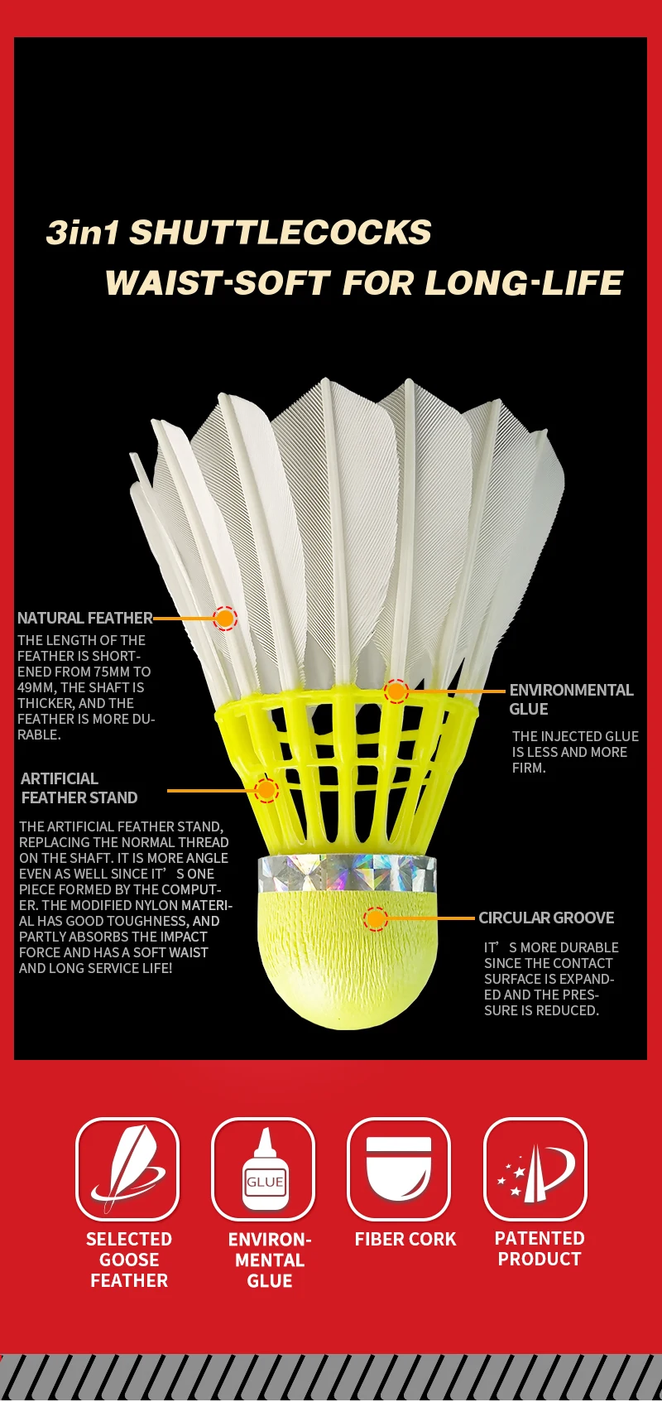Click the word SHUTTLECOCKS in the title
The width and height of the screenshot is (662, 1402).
(281, 233)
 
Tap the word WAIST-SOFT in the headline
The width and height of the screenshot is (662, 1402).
(218, 283)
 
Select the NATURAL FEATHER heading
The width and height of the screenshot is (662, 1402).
(84, 618)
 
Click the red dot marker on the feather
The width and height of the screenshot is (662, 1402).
(225, 618)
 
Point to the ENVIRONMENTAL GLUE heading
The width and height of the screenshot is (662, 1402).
(571, 699)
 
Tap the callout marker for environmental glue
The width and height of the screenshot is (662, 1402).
(396, 691)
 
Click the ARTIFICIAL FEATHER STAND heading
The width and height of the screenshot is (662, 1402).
(79, 788)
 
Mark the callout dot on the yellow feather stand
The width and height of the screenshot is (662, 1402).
(266, 790)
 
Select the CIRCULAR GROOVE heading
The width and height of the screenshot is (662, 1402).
(546, 918)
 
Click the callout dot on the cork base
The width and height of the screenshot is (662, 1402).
(376, 918)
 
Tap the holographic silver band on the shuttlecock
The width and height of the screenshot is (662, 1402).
(347, 873)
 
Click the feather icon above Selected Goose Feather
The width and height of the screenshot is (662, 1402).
(128, 1168)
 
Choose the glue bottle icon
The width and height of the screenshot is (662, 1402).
(264, 1168)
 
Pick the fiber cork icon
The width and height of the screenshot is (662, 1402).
(400, 1168)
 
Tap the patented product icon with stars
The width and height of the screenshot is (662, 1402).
(535, 1168)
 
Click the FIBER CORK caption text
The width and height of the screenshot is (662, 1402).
(405, 1239)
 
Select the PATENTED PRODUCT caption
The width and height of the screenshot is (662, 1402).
(540, 1249)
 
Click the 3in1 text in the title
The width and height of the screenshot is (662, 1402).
(83, 233)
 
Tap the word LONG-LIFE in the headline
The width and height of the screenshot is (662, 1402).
(524, 283)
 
